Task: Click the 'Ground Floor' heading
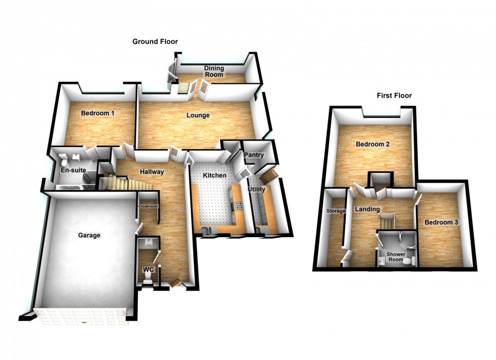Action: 155,41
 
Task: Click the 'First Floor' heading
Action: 394,95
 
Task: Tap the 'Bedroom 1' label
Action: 98,113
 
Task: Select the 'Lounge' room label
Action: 198,115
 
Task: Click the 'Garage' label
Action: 89,235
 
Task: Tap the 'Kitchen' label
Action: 214,175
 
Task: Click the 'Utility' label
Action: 257,189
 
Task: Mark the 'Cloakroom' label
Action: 148,206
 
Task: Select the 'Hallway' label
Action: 152,172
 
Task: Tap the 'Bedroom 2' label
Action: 373,144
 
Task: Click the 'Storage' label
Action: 336,211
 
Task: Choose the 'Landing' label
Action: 367,209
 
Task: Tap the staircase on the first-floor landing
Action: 387,221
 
